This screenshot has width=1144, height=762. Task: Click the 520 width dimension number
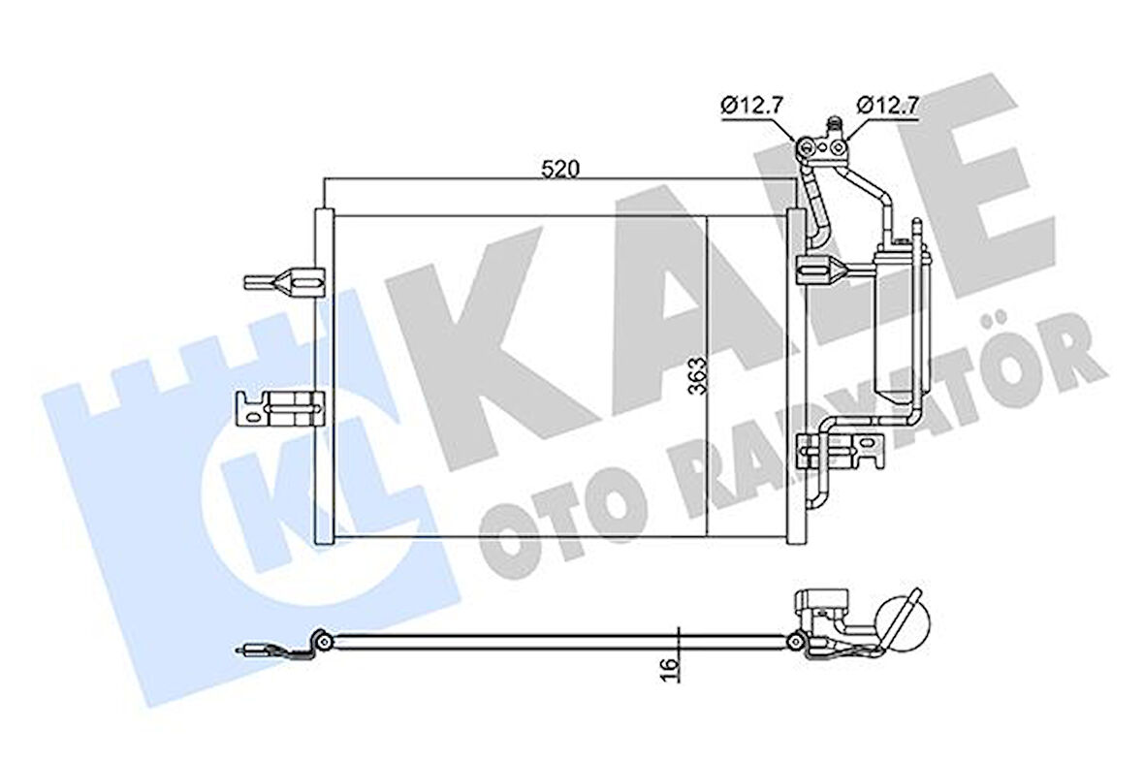tap(559, 169)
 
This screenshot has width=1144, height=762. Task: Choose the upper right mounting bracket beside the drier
tap(815, 269)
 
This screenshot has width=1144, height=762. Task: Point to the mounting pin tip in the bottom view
tap(247, 651)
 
